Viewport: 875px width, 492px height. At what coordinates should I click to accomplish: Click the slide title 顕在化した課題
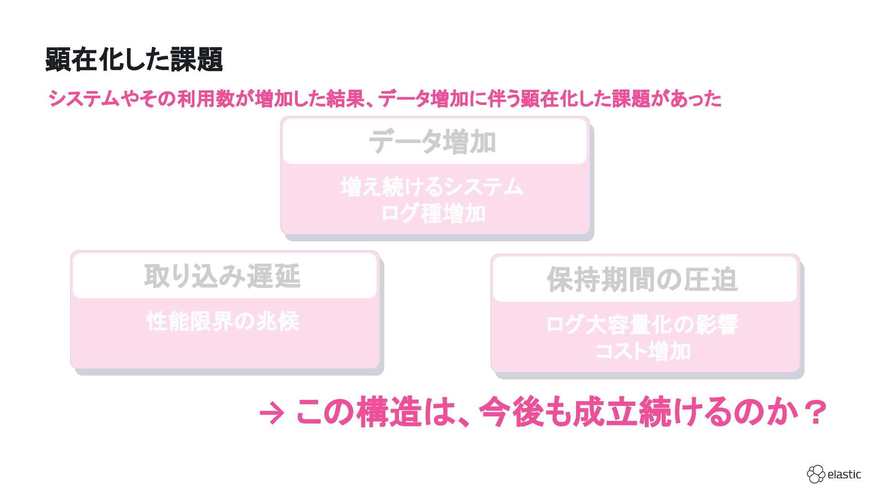click(x=134, y=60)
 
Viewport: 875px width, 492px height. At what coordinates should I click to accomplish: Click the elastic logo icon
click(x=815, y=474)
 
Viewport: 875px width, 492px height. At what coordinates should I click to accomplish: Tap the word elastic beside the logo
click(x=844, y=475)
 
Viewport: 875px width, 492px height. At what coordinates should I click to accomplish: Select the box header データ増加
click(x=432, y=142)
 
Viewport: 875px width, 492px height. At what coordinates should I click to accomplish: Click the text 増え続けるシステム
click(x=432, y=187)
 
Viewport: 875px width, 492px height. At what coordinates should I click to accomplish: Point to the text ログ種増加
click(x=433, y=214)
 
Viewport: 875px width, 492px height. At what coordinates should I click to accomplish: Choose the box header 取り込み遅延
click(x=222, y=276)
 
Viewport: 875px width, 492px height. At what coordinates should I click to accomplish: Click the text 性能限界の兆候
click(x=223, y=322)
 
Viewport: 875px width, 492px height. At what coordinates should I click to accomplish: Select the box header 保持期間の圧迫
click(x=642, y=279)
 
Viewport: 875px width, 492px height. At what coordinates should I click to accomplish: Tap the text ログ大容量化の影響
click(x=642, y=325)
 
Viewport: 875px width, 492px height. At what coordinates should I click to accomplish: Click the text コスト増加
click(x=643, y=351)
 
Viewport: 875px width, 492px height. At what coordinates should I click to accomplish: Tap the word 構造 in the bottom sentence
click(x=389, y=412)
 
